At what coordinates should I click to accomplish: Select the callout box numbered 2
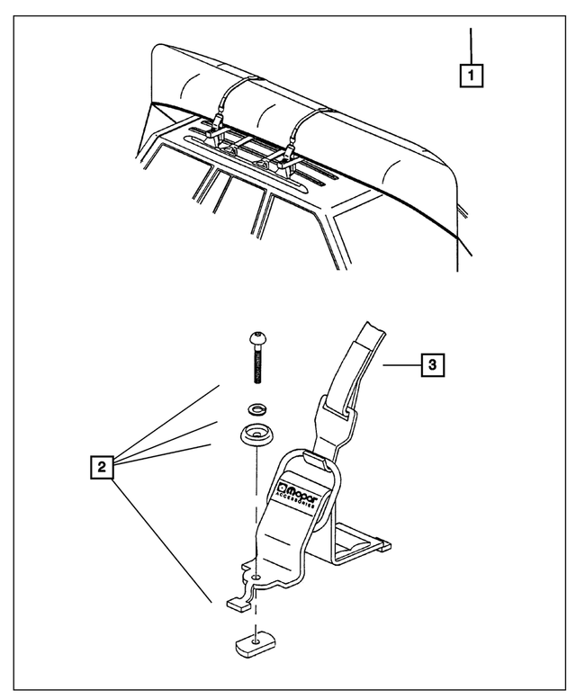[104, 466]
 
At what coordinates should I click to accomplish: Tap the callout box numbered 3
[432, 364]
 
